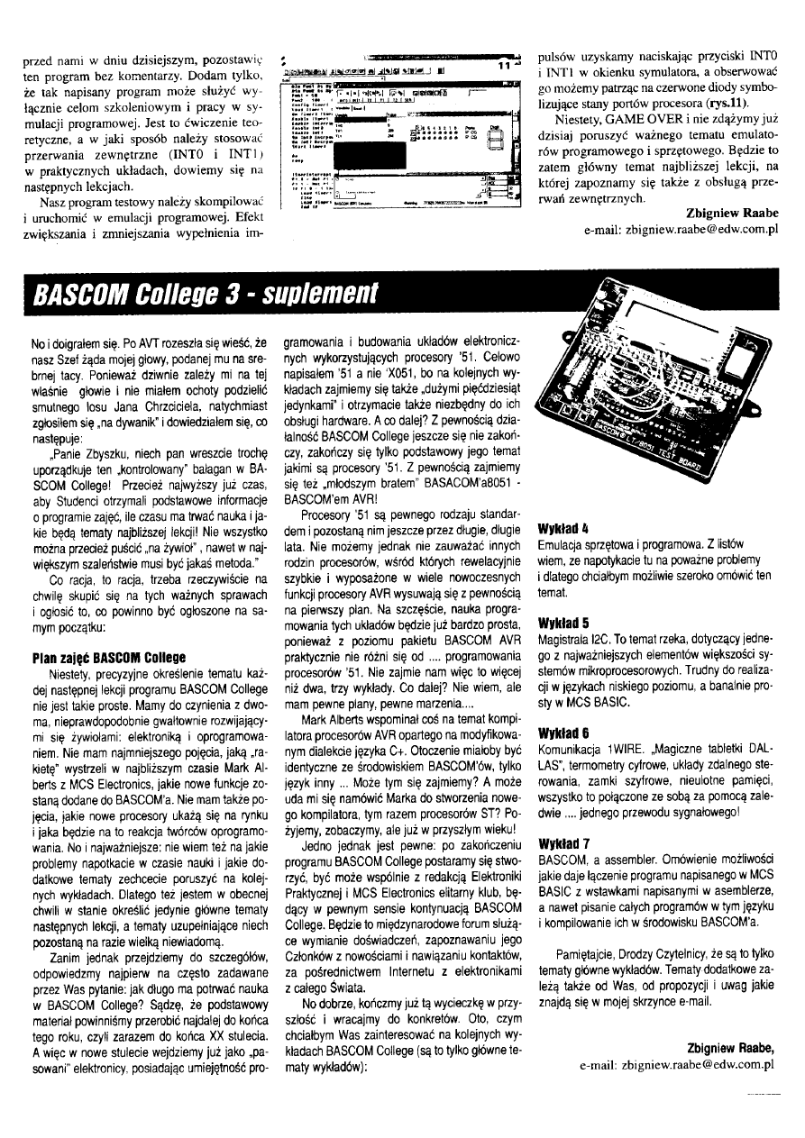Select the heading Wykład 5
(x=561, y=622)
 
